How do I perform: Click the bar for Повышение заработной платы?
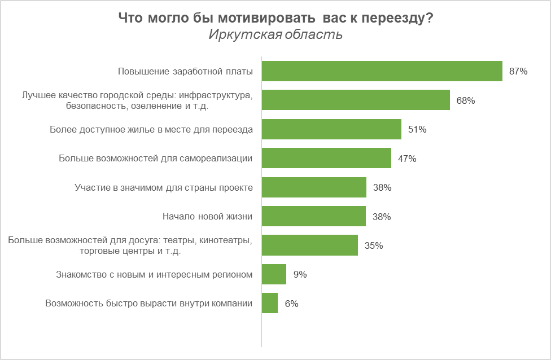point(382,71)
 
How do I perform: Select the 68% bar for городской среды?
point(356,100)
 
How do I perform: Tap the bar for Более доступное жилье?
point(331,129)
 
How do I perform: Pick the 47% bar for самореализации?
point(326,159)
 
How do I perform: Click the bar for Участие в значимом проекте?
point(314,187)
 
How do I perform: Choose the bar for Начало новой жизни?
point(314,216)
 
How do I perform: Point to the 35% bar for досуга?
point(310,245)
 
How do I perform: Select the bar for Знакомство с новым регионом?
point(274,274)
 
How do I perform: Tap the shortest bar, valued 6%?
point(270,303)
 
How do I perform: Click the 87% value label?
point(518,72)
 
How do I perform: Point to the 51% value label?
point(417,130)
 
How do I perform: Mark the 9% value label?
point(300,275)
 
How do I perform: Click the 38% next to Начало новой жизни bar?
point(382,217)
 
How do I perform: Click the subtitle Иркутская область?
point(275,34)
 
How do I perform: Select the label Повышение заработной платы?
point(185,72)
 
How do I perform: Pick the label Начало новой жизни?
point(207,217)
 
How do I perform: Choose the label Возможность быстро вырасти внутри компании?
point(148,304)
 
